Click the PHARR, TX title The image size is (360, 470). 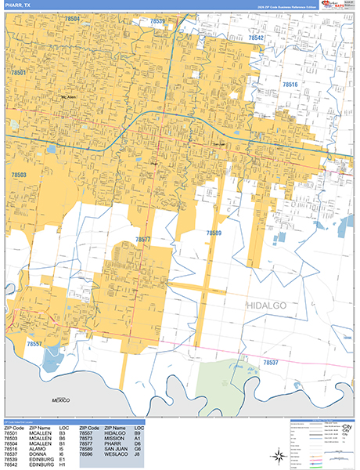pos(19,5)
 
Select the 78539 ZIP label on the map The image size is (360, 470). pos(155,21)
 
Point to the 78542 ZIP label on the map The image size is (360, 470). pos(257,37)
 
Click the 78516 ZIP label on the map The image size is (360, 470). pos(290,84)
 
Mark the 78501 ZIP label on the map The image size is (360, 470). pos(20,73)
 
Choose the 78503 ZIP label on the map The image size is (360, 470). pos(20,175)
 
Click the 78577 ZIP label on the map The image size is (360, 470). pos(142,240)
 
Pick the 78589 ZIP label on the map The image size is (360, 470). pos(214,233)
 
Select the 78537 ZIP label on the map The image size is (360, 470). pos(270,363)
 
